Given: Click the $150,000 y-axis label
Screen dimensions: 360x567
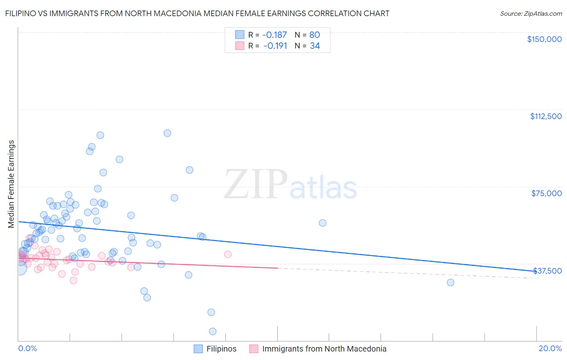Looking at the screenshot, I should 544,39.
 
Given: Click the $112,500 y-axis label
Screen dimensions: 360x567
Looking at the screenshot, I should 546,116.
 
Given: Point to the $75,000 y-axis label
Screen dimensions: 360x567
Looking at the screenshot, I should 546,193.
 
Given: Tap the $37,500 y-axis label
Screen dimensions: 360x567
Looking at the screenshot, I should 547,271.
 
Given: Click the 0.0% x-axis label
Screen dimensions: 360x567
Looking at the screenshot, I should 27,348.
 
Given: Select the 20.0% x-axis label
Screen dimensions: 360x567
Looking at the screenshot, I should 550,348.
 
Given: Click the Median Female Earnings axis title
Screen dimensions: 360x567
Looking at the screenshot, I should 11,184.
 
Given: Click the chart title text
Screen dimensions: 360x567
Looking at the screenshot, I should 197,13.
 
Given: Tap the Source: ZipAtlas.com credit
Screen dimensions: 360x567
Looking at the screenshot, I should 531,14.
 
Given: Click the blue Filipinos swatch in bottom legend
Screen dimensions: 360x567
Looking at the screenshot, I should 198,349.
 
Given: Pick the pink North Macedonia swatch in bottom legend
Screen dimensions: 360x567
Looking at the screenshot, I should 254,349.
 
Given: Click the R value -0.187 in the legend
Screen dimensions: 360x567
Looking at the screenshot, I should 274,35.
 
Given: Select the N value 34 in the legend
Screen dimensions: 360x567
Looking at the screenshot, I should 315,46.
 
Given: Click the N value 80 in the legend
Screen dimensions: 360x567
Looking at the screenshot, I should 315,35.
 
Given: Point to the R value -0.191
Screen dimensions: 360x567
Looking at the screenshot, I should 275,46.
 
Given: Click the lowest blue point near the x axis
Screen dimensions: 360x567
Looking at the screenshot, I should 213,331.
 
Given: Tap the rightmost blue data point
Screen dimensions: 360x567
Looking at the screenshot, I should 450,283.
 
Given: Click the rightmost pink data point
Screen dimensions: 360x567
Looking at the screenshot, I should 228,254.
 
